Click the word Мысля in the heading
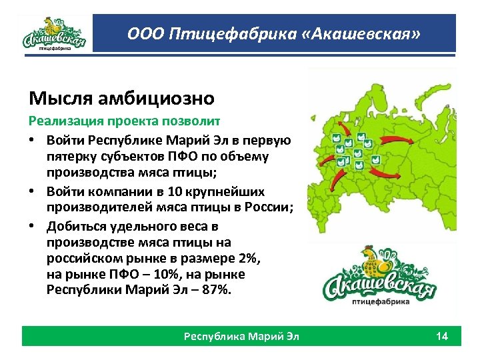(x=55, y=99)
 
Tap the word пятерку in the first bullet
(x=71, y=157)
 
